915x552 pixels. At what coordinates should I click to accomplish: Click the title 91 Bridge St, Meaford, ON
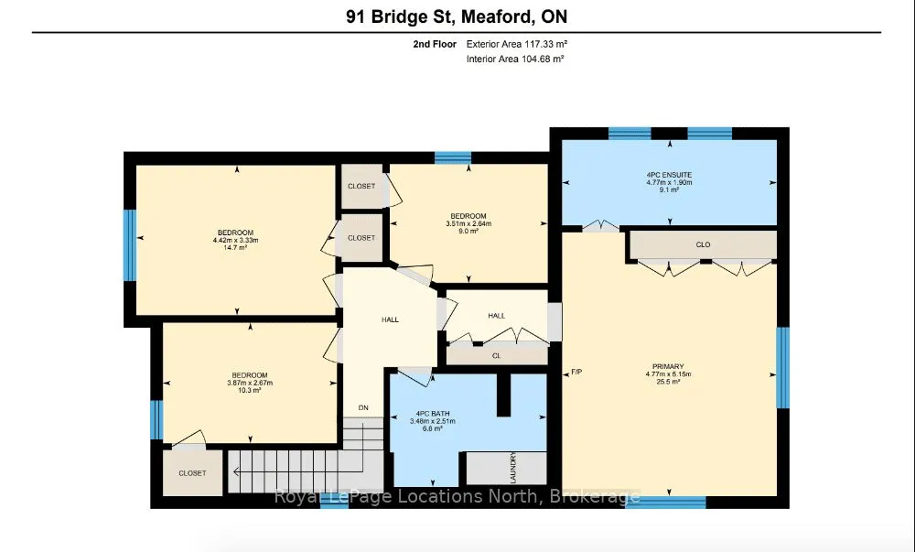pos(457,16)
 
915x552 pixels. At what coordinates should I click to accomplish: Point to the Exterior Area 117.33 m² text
pos(517,44)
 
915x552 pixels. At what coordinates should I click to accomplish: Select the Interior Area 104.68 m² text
pos(515,59)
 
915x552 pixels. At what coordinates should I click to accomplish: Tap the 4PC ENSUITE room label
pos(670,175)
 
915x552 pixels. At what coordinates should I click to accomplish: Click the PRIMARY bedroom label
pos(668,367)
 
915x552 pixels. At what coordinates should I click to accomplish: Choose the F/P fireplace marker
pos(576,372)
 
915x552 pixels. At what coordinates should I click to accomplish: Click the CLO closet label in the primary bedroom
pos(703,244)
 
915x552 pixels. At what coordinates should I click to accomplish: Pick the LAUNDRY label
pos(513,468)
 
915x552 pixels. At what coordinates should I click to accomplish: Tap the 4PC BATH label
pos(433,414)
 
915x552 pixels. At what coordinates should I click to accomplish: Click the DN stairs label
pos(363,408)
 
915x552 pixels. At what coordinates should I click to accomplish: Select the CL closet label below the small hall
pos(497,355)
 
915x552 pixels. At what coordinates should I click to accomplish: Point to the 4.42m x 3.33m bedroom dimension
pos(236,240)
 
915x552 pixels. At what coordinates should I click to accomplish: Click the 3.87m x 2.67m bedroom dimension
pos(250,383)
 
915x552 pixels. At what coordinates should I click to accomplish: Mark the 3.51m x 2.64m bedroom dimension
pos(468,223)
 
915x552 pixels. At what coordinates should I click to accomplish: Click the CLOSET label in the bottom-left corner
pos(192,473)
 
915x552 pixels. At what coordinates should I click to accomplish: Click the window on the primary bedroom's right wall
pos(782,368)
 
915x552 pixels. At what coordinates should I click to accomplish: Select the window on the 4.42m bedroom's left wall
pos(130,245)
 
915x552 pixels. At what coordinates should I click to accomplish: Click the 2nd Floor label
pos(435,44)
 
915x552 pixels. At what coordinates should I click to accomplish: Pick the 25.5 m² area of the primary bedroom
pos(668,382)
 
